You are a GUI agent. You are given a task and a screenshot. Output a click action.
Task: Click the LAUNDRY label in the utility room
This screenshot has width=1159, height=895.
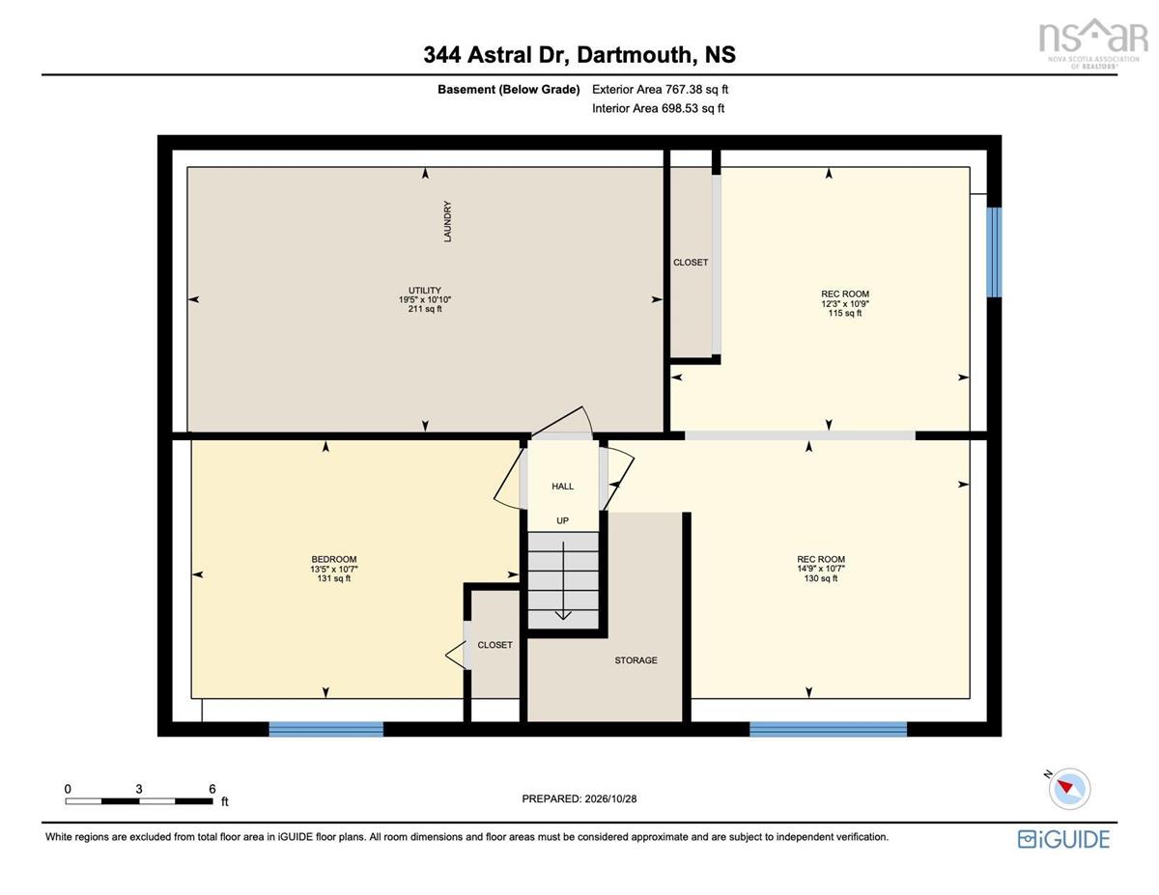pyautogui.click(x=447, y=221)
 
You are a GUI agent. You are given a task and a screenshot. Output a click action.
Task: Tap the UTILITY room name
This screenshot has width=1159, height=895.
pyautogui.click(x=425, y=291)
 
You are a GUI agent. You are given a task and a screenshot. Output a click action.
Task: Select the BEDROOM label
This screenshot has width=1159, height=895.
pyautogui.click(x=334, y=559)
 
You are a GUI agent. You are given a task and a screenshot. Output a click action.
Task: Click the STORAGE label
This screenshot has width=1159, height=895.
pyautogui.click(x=636, y=660)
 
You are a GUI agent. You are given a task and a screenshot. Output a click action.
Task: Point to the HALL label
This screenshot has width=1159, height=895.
pyautogui.click(x=563, y=487)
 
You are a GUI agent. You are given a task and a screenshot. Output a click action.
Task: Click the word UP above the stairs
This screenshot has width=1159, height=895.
pyautogui.click(x=563, y=520)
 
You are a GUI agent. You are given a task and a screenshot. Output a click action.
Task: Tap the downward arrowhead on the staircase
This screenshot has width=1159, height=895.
pyautogui.click(x=563, y=616)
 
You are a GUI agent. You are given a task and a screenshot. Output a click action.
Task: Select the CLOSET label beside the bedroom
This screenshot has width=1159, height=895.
pyautogui.click(x=495, y=645)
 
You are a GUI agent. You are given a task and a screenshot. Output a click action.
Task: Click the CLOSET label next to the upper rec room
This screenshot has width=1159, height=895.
pyautogui.click(x=691, y=263)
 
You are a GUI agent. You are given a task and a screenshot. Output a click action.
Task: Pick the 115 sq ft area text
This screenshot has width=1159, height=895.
pyautogui.click(x=845, y=313)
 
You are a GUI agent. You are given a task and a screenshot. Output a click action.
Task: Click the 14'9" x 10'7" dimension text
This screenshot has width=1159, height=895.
pyautogui.click(x=821, y=569)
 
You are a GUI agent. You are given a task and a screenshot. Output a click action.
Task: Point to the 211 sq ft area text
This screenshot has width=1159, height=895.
pyautogui.click(x=425, y=309)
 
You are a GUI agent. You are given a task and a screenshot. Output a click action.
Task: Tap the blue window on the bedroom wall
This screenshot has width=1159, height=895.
pyautogui.click(x=325, y=729)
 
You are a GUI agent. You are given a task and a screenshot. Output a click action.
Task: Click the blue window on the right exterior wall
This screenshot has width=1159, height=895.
pyautogui.click(x=994, y=252)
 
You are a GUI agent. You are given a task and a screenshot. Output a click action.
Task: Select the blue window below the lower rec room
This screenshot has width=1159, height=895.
pyautogui.click(x=829, y=729)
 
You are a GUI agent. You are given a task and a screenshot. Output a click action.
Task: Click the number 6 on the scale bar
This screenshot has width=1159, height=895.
pyautogui.click(x=212, y=789)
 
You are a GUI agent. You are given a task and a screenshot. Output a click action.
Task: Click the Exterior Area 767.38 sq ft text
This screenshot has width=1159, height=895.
pyautogui.click(x=660, y=90)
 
